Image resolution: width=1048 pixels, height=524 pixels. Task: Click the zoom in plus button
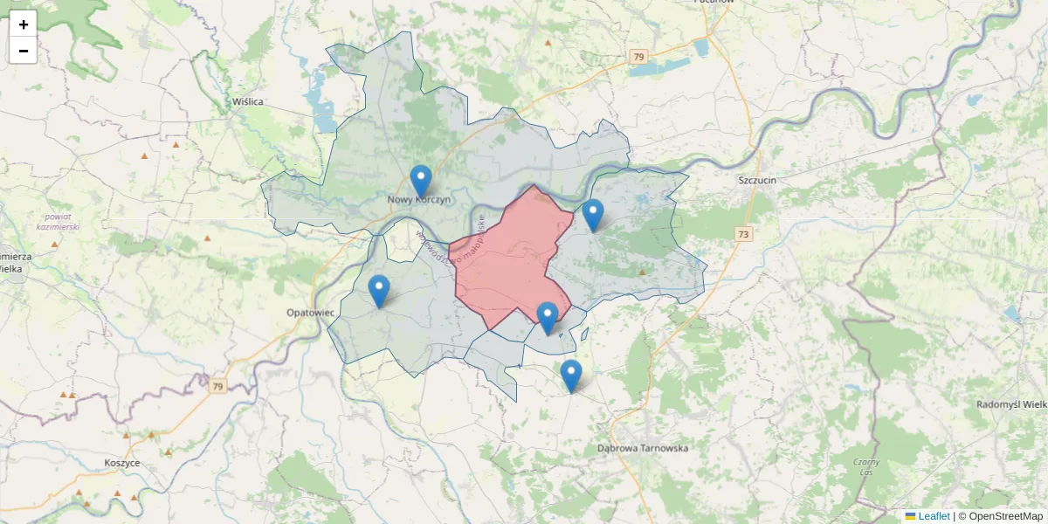[x=23, y=24]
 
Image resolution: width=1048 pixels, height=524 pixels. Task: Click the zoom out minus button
[x=23, y=51]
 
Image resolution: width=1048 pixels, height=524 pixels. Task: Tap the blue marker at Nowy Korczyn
[x=421, y=182]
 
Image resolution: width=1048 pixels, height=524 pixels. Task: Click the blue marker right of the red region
[x=593, y=216]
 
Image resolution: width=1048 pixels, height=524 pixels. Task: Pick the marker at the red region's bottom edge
[x=548, y=319]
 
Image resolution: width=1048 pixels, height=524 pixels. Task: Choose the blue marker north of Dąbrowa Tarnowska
[x=571, y=376]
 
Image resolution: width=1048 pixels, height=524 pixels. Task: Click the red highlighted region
[x=507, y=262]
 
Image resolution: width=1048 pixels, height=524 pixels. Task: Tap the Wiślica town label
[x=248, y=101]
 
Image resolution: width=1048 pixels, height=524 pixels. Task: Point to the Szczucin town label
[x=756, y=180]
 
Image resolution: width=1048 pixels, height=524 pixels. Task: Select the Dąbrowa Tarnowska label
[x=643, y=448]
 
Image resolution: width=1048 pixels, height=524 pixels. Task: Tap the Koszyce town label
[x=122, y=463]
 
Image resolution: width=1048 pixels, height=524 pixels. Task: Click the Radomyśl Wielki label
[x=1011, y=404]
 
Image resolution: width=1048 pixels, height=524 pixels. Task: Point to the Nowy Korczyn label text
[x=420, y=200]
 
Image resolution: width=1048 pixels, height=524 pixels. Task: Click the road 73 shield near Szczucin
[x=743, y=234]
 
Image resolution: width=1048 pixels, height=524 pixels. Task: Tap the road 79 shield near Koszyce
[x=217, y=386]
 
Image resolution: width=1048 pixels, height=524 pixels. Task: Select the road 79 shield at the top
[x=639, y=57]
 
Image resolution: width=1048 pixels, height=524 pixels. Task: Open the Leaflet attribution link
[x=933, y=516]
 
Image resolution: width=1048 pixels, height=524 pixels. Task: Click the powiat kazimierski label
[x=59, y=222]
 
